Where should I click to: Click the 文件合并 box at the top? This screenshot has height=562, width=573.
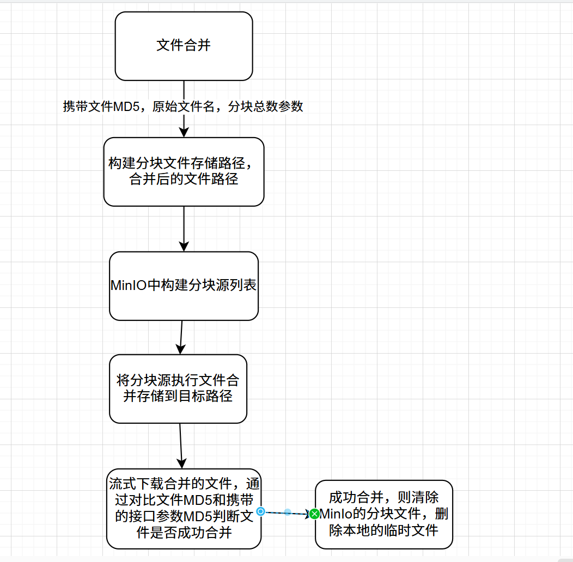(184, 46)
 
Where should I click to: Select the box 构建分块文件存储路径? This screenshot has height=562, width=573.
(184, 171)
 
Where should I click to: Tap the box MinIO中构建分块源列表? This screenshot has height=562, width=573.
(184, 286)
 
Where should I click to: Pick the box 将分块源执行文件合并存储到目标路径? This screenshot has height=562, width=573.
(178, 388)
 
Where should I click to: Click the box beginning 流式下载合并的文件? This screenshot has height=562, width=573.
(184, 508)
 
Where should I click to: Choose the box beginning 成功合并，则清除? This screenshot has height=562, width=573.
(383, 514)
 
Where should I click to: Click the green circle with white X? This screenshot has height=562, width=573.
(314, 514)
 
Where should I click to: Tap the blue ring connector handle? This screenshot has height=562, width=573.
(261, 511)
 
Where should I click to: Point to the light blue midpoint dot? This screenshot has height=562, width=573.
(288, 512)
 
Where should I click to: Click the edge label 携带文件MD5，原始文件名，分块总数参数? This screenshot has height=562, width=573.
(183, 107)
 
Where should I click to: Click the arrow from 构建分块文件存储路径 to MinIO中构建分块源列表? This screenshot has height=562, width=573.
(184, 228)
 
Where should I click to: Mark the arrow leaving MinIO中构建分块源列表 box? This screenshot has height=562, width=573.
(181, 337)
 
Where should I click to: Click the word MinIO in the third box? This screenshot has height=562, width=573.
(128, 286)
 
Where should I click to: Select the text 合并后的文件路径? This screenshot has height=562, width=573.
(184, 179)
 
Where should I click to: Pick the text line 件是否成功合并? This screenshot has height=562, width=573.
(184, 532)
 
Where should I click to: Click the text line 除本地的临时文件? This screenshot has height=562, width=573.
(383, 530)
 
